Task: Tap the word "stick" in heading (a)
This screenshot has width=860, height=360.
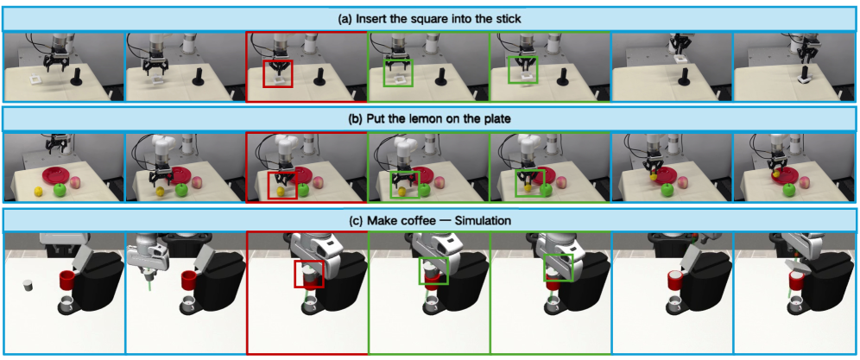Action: pyautogui.click(x=508, y=19)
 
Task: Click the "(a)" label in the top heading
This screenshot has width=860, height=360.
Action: pyautogui.click(x=347, y=19)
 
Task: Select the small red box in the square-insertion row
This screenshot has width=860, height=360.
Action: pyautogui.click(x=278, y=73)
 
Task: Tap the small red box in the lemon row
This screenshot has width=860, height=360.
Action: pyautogui.click(x=281, y=185)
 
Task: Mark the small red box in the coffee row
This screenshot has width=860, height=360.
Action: pyautogui.click(x=309, y=274)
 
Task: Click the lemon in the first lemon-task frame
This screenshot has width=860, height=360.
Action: pyautogui.click(x=38, y=192)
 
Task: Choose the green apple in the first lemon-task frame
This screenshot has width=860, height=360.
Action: pyautogui.click(x=60, y=190)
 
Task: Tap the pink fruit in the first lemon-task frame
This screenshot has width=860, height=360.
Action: pyautogui.click(x=75, y=180)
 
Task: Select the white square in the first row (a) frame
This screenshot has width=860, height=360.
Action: pyautogui.click(x=36, y=79)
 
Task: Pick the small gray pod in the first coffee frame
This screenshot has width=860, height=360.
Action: pyautogui.click(x=28, y=286)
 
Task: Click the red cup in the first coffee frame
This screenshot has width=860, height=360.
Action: pyautogui.click(x=66, y=281)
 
